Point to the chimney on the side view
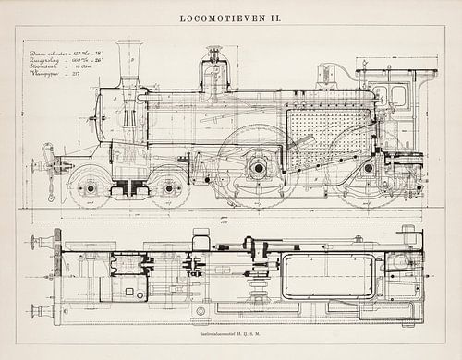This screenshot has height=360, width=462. (129, 63)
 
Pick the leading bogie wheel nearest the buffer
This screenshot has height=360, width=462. (90, 188)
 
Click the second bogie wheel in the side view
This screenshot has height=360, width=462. (169, 188)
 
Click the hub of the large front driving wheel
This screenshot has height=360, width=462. (258, 168)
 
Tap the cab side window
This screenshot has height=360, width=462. (399, 97)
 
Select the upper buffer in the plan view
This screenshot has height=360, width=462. (42, 243)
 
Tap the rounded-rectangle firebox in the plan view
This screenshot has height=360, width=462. (328, 277)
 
